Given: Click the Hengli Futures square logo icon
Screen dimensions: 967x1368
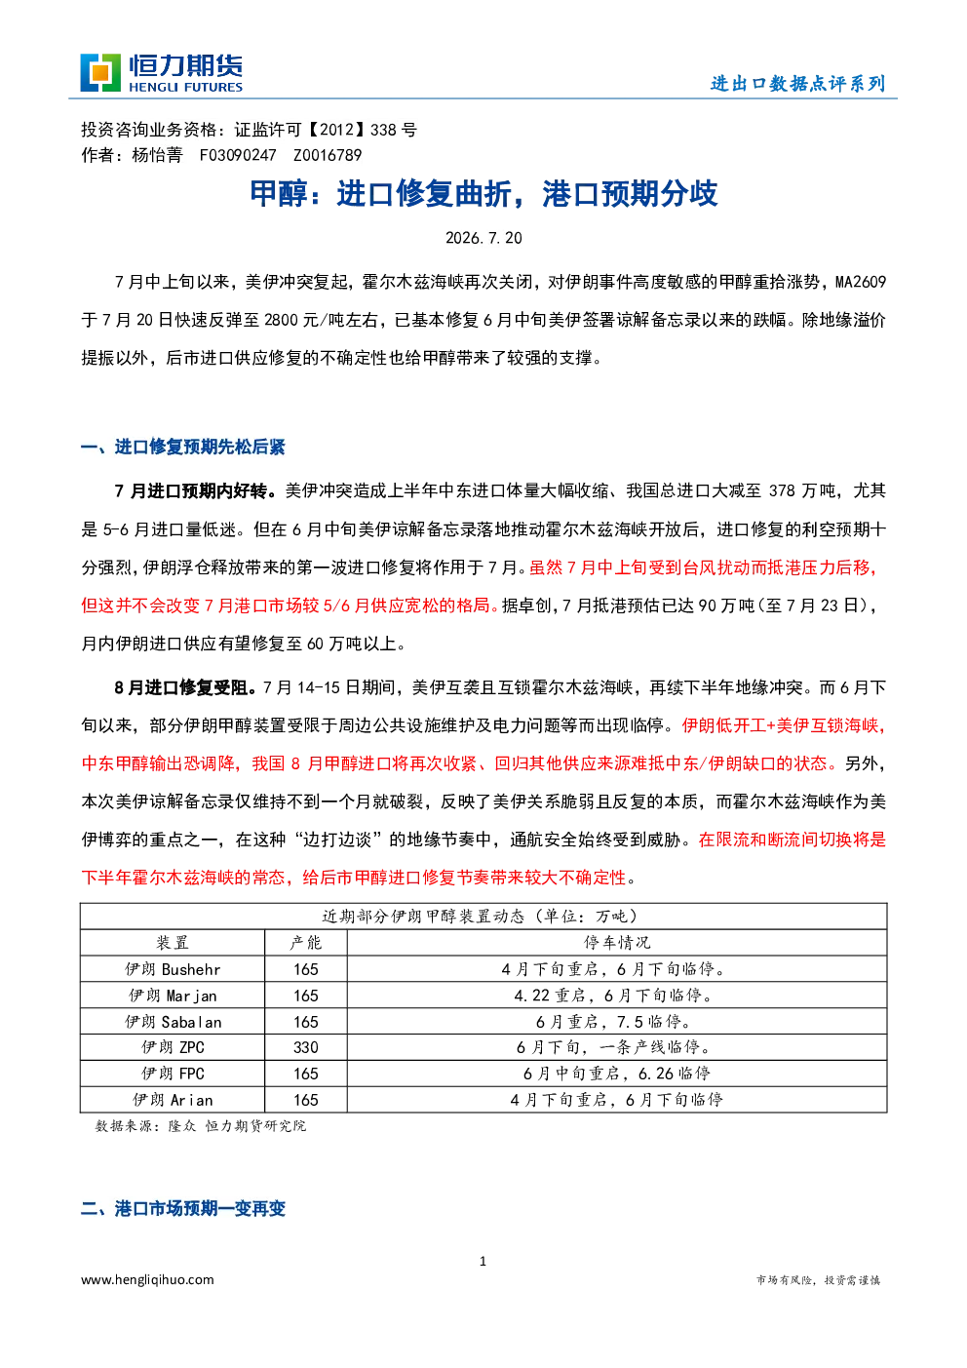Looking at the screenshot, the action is [x=100, y=73].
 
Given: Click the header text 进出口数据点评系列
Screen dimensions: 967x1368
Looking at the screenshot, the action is [x=798, y=84].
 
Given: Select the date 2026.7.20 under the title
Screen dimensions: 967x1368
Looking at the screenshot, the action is [x=483, y=238].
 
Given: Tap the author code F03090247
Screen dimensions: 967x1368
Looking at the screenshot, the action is [x=238, y=155].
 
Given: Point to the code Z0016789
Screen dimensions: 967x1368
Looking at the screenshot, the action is [x=328, y=155].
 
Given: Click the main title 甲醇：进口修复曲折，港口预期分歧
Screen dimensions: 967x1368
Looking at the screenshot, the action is [x=483, y=194].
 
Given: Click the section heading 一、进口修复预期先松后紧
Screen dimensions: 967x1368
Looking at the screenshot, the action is [x=183, y=447].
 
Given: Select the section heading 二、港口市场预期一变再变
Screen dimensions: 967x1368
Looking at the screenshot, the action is [x=183, y=1209].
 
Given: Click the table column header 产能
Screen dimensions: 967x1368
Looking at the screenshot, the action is [x=306, y=942].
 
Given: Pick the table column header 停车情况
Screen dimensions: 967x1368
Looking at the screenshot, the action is [x=617, y=942].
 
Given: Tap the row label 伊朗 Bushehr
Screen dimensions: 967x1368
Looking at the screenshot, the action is [x=173, y=969].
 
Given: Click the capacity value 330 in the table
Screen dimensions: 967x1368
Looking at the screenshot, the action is [x=306, y=1047].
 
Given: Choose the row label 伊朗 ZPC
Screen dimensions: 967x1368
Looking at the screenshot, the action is [x=173, y=1047].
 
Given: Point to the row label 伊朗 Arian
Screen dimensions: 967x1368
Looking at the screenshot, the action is [x=173, y=1100].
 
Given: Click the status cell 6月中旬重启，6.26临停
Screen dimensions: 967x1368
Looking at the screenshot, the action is [x=617, y=1074].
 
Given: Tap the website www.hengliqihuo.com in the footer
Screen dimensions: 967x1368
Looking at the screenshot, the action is [x=148, y=1280].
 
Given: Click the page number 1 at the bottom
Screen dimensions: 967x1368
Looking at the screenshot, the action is [x=483, y=1261].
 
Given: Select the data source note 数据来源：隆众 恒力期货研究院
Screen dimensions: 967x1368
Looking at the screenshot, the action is [x=201, y=1126].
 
